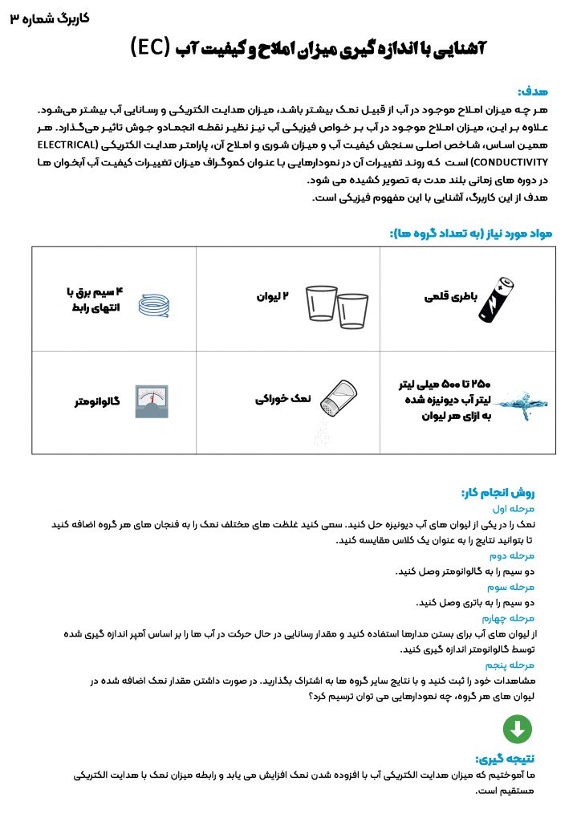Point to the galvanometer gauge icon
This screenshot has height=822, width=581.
151,399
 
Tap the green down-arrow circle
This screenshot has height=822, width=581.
518,729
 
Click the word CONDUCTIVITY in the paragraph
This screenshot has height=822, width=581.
68,161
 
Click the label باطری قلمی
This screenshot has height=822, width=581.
452,295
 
